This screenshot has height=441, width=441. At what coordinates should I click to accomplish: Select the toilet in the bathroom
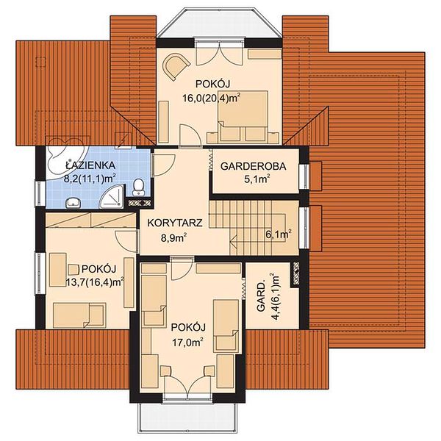pyautogui.click(x=139, y=184)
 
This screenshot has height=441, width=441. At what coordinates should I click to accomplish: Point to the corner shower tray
pyautogui.click(x=112, y=194)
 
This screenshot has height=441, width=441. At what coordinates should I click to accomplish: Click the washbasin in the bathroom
pyautogui.click(x=72, y=201)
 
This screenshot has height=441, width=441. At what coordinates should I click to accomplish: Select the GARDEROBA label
pyautogui.click(x=254, y=166)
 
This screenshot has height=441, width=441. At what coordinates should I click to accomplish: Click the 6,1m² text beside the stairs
pyautogui.click(x=278, y=234)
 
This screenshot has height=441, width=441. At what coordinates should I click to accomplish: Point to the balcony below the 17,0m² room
pyautogui.click(x=187, y=420)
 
